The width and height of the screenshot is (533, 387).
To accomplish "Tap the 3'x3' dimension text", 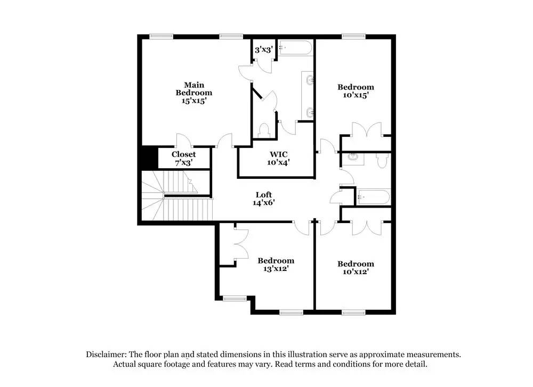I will tap(263, 50).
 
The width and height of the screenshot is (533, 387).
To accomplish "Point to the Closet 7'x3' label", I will tap(183, 159).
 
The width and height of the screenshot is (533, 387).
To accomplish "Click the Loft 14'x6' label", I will tap(264, 199).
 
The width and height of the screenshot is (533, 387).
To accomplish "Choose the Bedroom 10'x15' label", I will tap(356, 91).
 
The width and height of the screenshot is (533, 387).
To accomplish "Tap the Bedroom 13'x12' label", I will tap(276, 265).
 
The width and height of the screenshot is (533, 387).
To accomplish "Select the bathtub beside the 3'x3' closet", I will tap(295, 48).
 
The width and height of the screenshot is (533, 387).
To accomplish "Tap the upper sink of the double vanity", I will tap(310, 80).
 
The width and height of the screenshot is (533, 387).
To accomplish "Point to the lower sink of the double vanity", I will tap(310, 112).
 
